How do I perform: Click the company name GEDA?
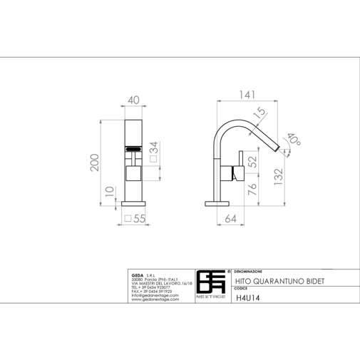(138, 274)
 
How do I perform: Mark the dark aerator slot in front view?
(135, 149)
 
